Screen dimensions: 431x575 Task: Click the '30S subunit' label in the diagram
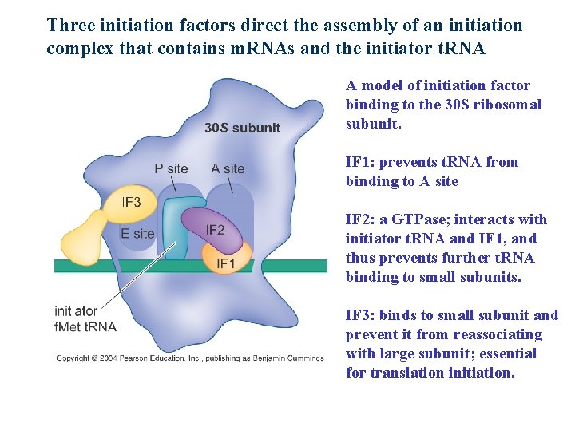coord(242,128)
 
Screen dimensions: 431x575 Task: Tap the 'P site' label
coord(172,168)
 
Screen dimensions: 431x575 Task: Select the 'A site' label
coord(228,168)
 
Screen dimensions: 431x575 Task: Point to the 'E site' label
coord(137,234)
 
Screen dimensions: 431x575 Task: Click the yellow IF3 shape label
coord(131,202)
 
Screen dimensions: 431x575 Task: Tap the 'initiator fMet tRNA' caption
coord(85,318)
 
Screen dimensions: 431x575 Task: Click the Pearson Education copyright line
coord(190,358)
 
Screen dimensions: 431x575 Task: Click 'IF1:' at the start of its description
coord(359,162)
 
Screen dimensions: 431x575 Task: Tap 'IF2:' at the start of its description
coord(359,219)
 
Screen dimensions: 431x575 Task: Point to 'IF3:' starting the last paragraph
coord(359,315)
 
